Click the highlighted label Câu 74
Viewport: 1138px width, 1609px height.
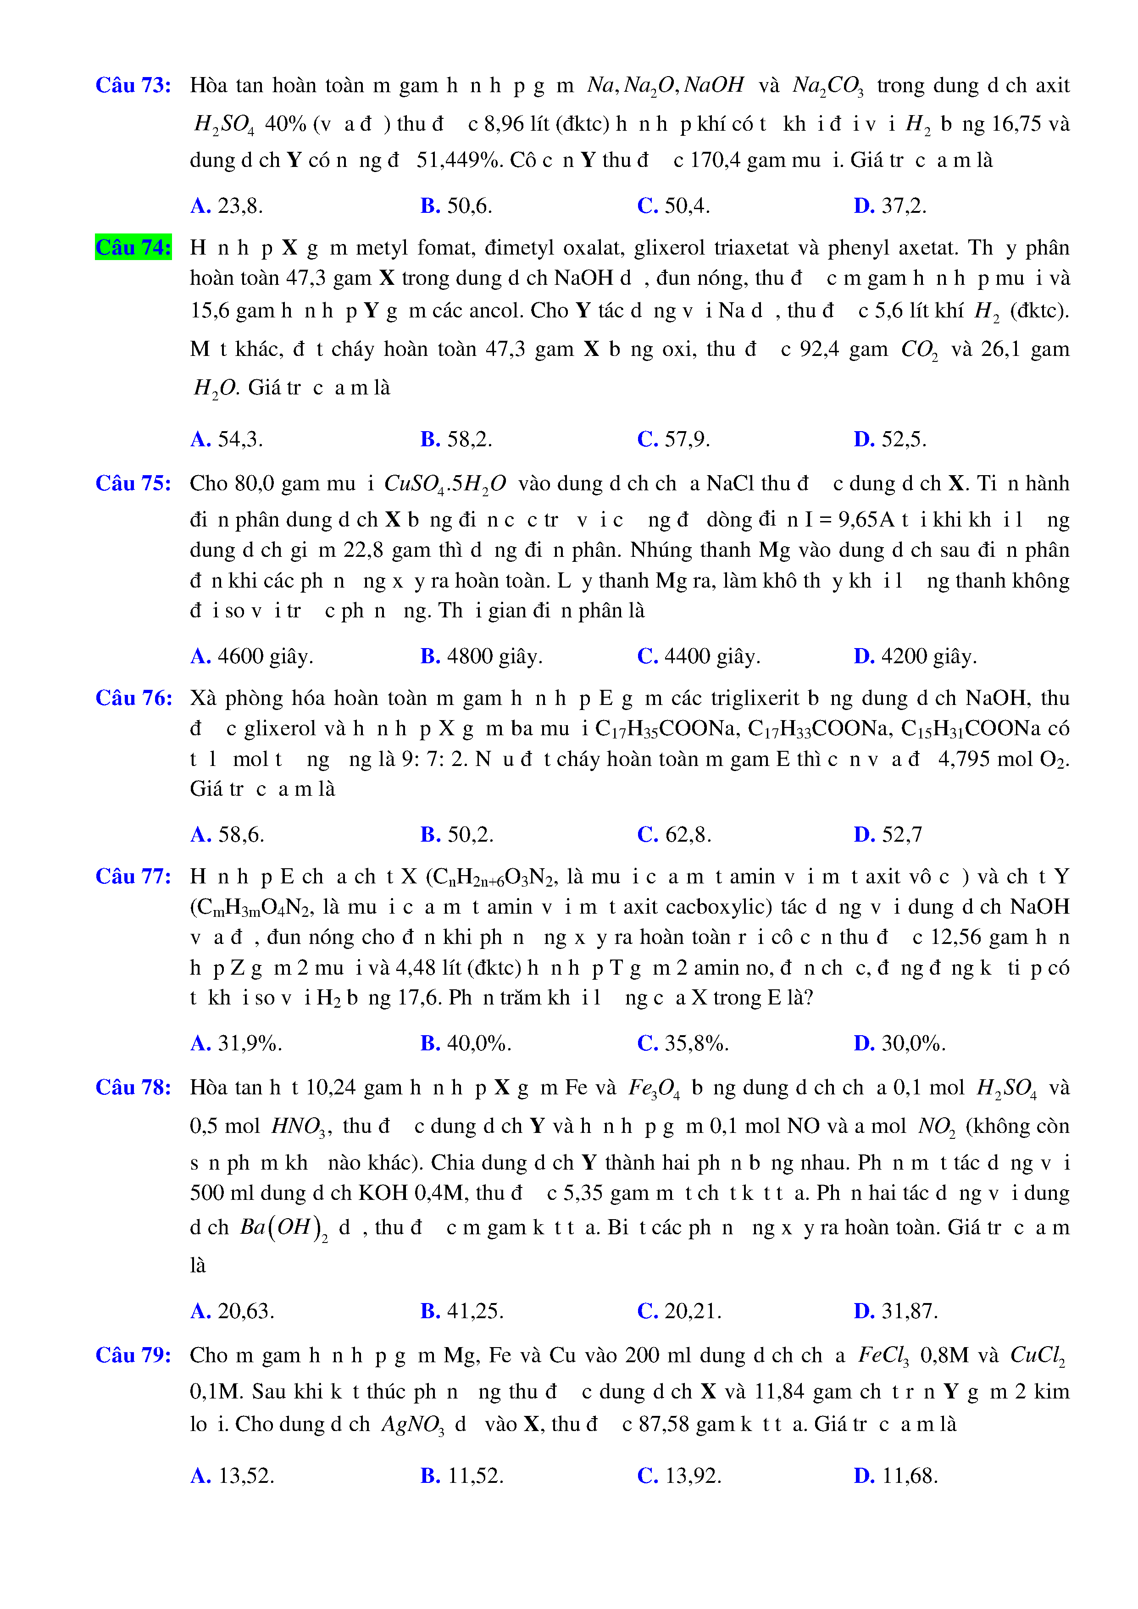pyautogui.click(x=133, y=247)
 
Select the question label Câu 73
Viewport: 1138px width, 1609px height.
pyautogui.click(x=133, y=85)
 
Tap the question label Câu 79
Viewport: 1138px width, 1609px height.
pyautogui.click(x=133, y=1354)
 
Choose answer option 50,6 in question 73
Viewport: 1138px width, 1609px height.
pyautogui.click(x=456, y=206)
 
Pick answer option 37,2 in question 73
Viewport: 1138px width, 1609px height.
pyautogui.click(x=890, y=206)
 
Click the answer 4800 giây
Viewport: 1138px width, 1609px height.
pyautogui.click(x=482, y=657)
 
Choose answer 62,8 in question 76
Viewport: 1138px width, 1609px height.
pyautogui.click(x=674, y=835)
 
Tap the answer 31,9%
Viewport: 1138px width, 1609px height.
pyautogui.click(x=236, y=1043)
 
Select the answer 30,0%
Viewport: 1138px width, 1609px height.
pyautogui.click(x=900, y=1043)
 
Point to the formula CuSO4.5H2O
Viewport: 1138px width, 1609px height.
pyautogui.click(x=445, y=484)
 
